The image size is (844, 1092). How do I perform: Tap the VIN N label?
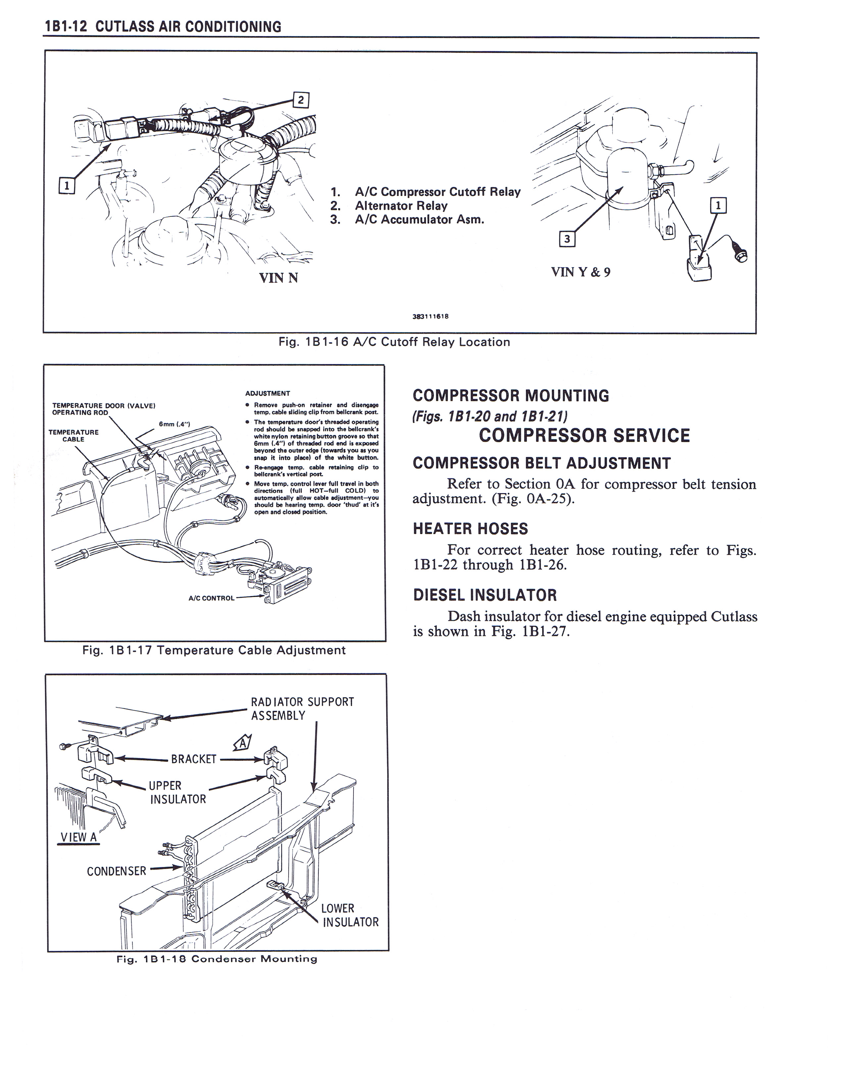[278, 278]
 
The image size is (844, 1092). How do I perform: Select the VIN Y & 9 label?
[581, 272]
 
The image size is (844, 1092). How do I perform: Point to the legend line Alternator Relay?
[401, 205]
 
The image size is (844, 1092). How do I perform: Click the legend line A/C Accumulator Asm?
[419, 219]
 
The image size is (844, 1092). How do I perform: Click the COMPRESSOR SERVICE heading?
[584, 435]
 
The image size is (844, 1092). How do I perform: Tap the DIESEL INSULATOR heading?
[485, 595]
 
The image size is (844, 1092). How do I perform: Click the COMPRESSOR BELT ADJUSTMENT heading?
[541, 464]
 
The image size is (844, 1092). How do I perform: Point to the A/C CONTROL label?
[211, 598]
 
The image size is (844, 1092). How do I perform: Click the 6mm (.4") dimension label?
[174, 424]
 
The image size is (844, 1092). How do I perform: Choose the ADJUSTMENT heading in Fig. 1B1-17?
[267, 393]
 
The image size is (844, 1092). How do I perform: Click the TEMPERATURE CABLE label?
[73, 435]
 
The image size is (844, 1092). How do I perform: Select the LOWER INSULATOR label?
[350, 915]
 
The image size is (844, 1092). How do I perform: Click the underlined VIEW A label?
[78, 837]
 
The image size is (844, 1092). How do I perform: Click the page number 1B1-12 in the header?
[66, 26]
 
